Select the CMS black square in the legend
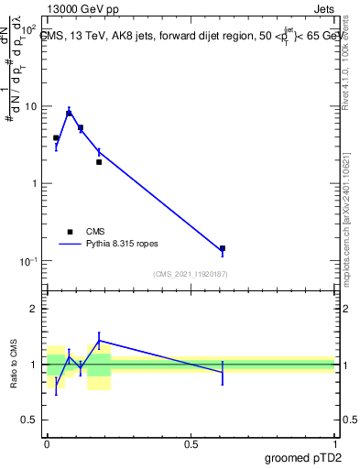(70, 232)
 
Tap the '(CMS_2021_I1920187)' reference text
(190, 274)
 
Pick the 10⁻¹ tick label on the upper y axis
(28, 261)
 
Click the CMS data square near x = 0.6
(223, 248)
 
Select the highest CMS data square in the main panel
(69, 114)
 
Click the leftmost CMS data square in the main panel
(56, 137)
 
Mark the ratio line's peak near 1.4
(99, 340)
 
